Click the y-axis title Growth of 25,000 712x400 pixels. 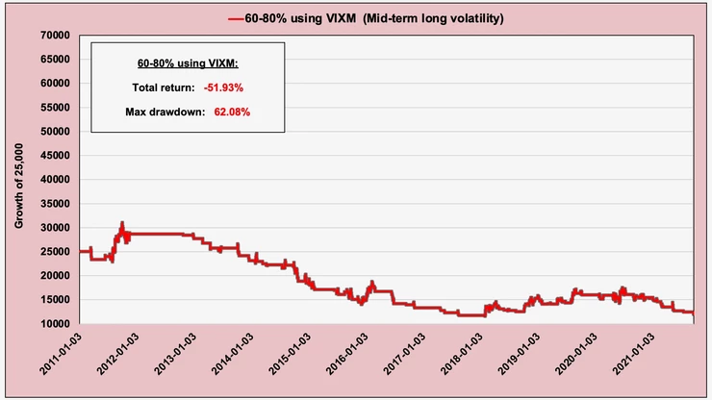[19, 180]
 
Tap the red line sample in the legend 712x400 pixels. [238, 17]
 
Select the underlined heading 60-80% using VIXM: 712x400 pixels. [189, 64]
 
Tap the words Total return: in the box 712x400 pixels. [164, 88]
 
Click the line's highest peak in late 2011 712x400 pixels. [122, 223]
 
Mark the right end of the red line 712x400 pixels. [694, 313]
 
